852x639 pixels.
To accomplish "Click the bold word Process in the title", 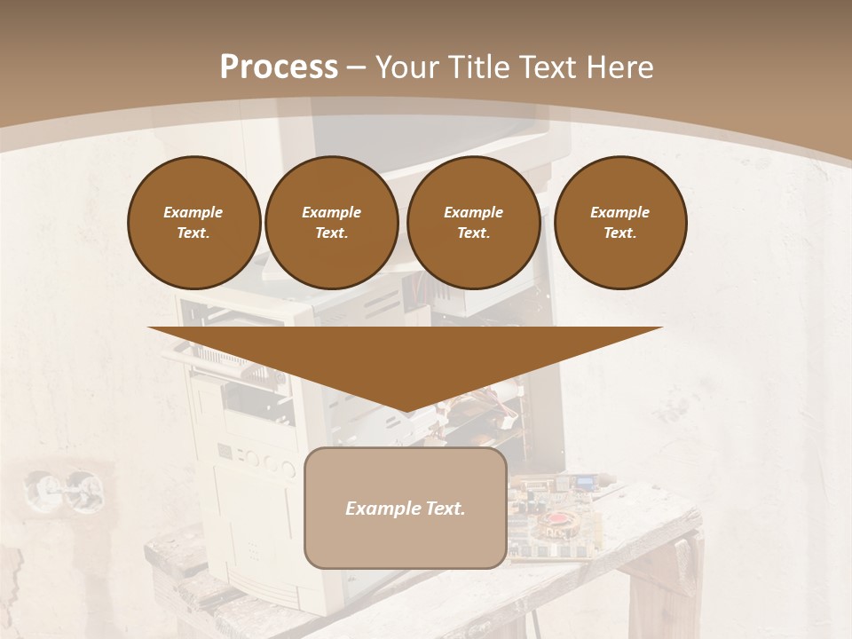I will (279, 67).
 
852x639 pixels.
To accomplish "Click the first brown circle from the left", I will (193, 223).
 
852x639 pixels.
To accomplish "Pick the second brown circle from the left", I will (332, 223).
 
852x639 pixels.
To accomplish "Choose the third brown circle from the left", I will (474, 223).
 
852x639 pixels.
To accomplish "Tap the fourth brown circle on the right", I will (620, 223).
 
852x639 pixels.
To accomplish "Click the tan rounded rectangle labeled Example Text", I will (406, 508).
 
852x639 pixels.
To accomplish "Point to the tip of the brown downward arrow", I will (406, 411).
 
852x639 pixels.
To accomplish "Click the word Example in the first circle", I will (193, 212).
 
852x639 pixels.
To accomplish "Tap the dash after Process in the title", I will (356, 68).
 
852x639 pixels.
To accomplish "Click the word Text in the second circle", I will (330, 233).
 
